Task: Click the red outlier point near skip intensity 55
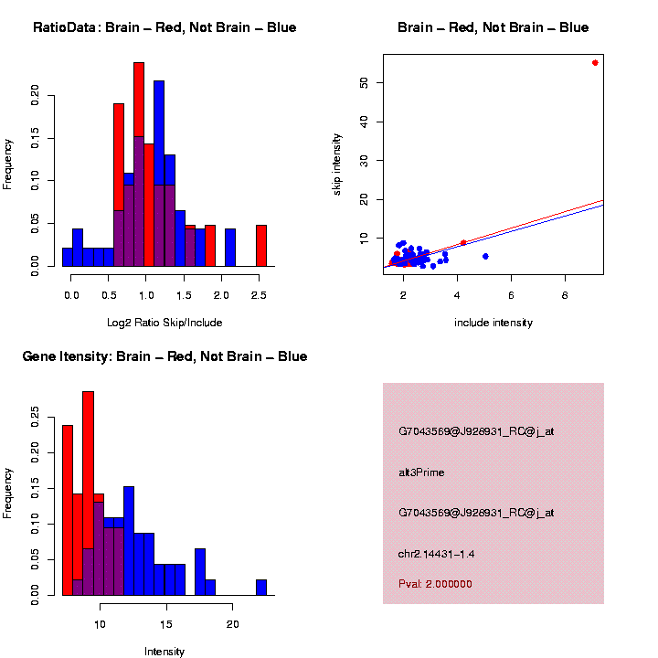click(595, 62)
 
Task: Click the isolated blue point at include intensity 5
click(485, 256)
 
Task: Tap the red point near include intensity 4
click(463, 242)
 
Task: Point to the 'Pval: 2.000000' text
click(435, 584)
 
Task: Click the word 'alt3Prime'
click(421, 472)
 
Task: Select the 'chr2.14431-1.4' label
click(436, 554)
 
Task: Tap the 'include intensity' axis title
click(493, 323)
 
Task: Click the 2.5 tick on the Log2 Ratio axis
click(260, 292)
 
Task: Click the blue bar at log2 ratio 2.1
click(229, 247)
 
